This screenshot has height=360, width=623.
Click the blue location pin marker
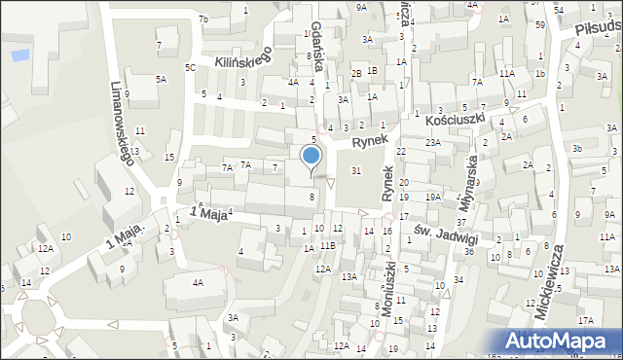[311, 157]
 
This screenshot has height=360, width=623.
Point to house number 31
[356, 171]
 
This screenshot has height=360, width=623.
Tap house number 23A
[432, 142]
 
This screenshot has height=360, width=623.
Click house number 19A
[432, 198]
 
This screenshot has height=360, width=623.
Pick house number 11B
[328, 245]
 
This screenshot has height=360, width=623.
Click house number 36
[469, 252]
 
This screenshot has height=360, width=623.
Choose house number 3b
[577, 148]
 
